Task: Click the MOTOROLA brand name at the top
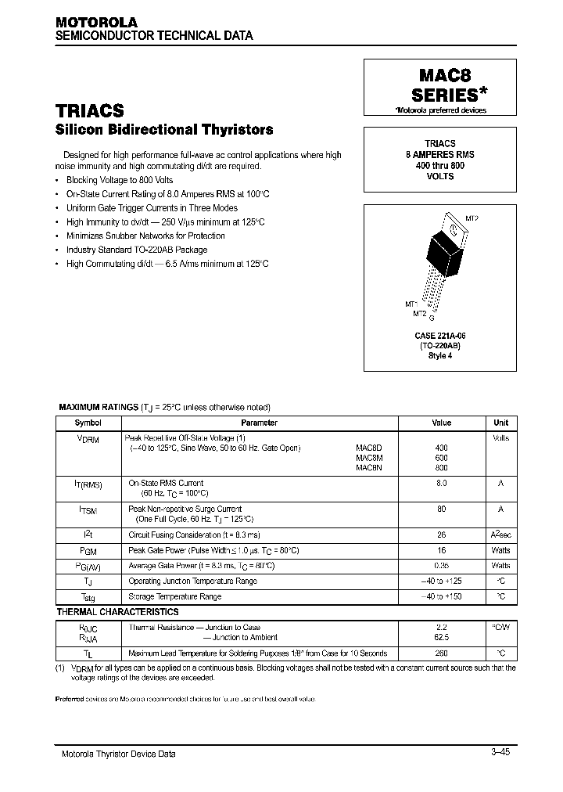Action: (96, 23)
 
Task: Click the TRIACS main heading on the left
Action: (89, 112)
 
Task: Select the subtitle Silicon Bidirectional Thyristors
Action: (164, 130)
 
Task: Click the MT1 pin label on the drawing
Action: (411, 303)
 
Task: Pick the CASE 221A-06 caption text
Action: (440, 335)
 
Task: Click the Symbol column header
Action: (88, 423)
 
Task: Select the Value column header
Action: (441, 423)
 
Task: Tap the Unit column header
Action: (500, 423)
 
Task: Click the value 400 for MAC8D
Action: (441, 448)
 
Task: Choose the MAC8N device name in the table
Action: (368, 467)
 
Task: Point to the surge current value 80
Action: (441, 509)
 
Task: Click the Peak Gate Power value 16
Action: (441, 550)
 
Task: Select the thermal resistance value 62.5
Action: (441, 638)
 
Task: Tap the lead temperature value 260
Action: (441, 653)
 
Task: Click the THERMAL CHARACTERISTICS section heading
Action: (117, 612)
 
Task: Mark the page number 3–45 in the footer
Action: (500, 752)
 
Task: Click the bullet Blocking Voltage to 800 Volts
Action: (120, 180)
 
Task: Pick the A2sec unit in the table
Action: (500, 535)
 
